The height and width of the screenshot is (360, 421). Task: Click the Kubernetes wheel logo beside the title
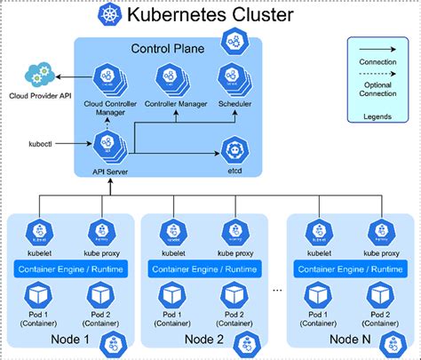111,15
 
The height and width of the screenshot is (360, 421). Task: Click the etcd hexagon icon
234,147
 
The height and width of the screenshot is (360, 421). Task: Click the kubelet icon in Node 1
38,234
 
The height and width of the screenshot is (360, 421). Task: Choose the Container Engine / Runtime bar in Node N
350,268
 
